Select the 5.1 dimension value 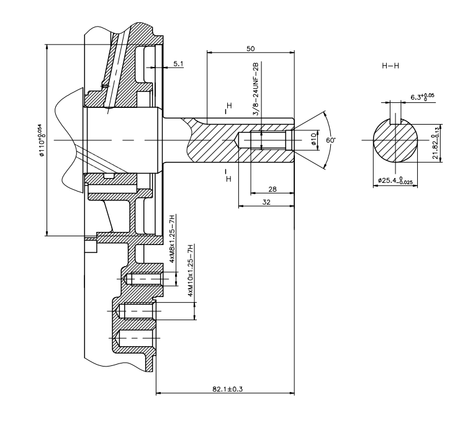click(178, 63)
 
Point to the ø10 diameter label click(313, 141)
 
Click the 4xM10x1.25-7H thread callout click(191, 271)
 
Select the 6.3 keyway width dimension click(422, 97)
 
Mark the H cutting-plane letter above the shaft click(228, 106)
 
